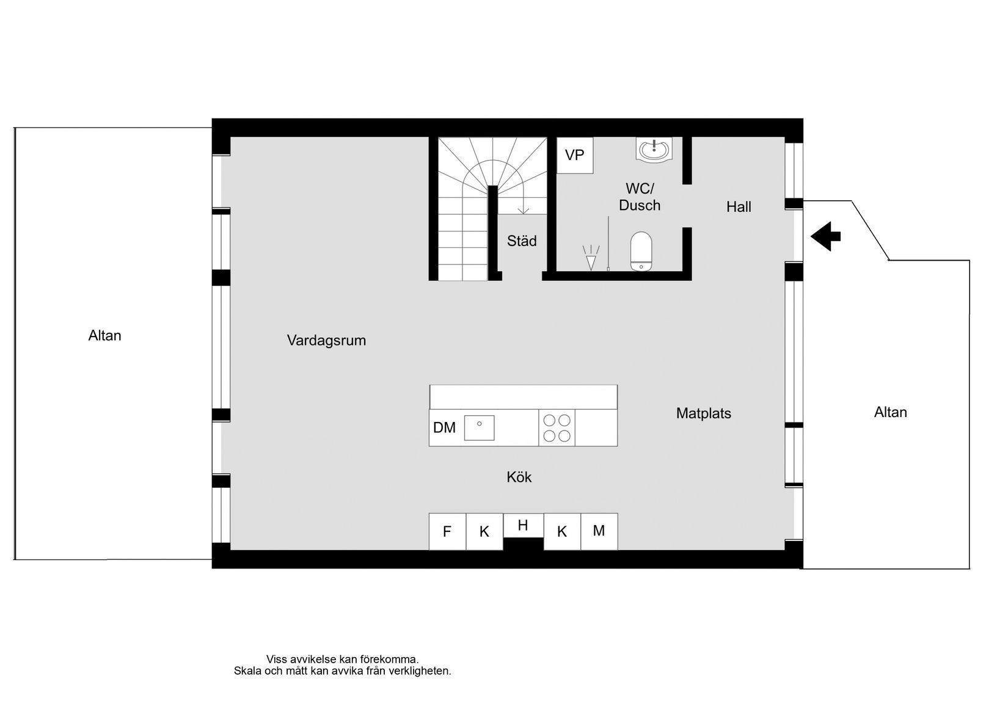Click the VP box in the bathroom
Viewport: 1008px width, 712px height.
[574, 155]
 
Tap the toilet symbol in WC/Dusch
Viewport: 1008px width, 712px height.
[641, 251]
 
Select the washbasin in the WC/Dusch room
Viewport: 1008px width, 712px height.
[654, 150]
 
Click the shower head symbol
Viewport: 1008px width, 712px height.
[590, 258]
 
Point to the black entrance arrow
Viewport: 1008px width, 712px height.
[825, 236]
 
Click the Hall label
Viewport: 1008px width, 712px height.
[738, 207]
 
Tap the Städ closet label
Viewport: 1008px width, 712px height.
[522, 241]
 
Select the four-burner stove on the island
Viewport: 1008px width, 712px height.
[557, 428]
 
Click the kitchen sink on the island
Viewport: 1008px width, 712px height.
[479, 427]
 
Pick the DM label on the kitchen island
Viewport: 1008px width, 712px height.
[444, 428]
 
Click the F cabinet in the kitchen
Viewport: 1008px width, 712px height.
[447, 532]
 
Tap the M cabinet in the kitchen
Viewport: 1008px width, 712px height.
[599, 531]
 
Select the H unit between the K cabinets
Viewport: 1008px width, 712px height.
[522, 525]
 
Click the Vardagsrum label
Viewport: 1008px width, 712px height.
[326, 341]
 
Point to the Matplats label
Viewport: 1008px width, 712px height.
[703, 413]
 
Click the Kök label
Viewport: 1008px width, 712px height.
[519, 477]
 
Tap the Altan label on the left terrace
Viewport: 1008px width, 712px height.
[104, 336]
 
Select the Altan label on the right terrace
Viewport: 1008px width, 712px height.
[890, 412]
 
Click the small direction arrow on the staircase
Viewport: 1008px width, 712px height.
[523, 210]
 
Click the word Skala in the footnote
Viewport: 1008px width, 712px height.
[247, 671]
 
